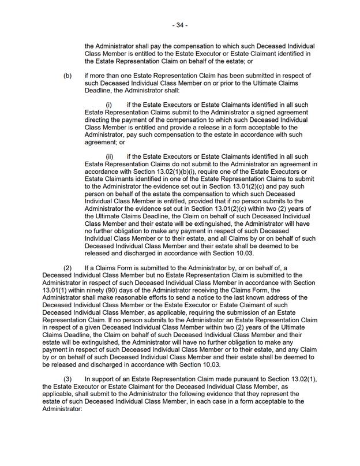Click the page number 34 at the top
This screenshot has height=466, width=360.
179,25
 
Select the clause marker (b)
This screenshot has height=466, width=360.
68,76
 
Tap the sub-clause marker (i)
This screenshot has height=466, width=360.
109,105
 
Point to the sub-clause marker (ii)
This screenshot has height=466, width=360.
110,156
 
